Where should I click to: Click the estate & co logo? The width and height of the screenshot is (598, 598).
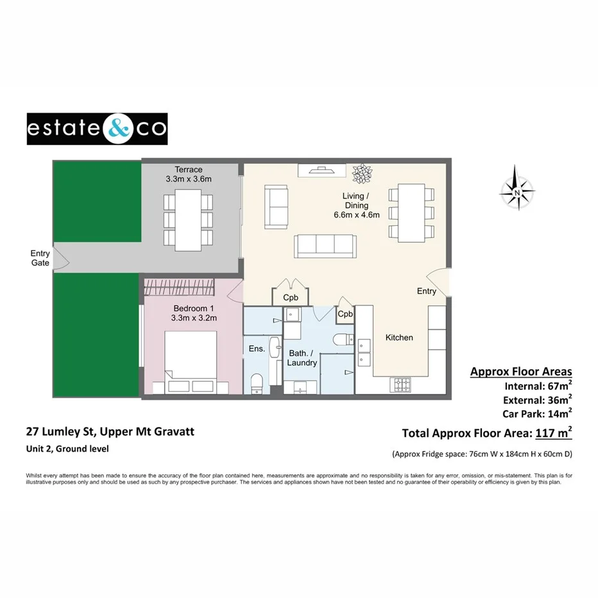(x=97, y=129)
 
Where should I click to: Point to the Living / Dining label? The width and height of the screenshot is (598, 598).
(x=356, y=205)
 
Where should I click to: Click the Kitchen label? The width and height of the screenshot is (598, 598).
(x=399, y=337)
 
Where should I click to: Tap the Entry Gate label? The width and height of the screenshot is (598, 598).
(x=40, y=258)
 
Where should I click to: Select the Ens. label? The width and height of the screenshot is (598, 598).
(x=257, y=348)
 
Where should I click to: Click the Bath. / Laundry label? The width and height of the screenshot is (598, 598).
(x=302, y=358)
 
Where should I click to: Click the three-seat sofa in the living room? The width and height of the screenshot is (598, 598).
(x=325, y=246)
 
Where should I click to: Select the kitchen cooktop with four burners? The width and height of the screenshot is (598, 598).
(x=403, y=385)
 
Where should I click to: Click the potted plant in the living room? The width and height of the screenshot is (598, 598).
(x=361, y=172)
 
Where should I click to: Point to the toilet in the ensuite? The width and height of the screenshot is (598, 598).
(x=257, y=382)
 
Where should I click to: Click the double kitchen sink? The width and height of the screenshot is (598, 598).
(x=365, y=352)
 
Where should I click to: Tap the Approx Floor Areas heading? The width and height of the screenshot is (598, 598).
(x=521, y=372)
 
